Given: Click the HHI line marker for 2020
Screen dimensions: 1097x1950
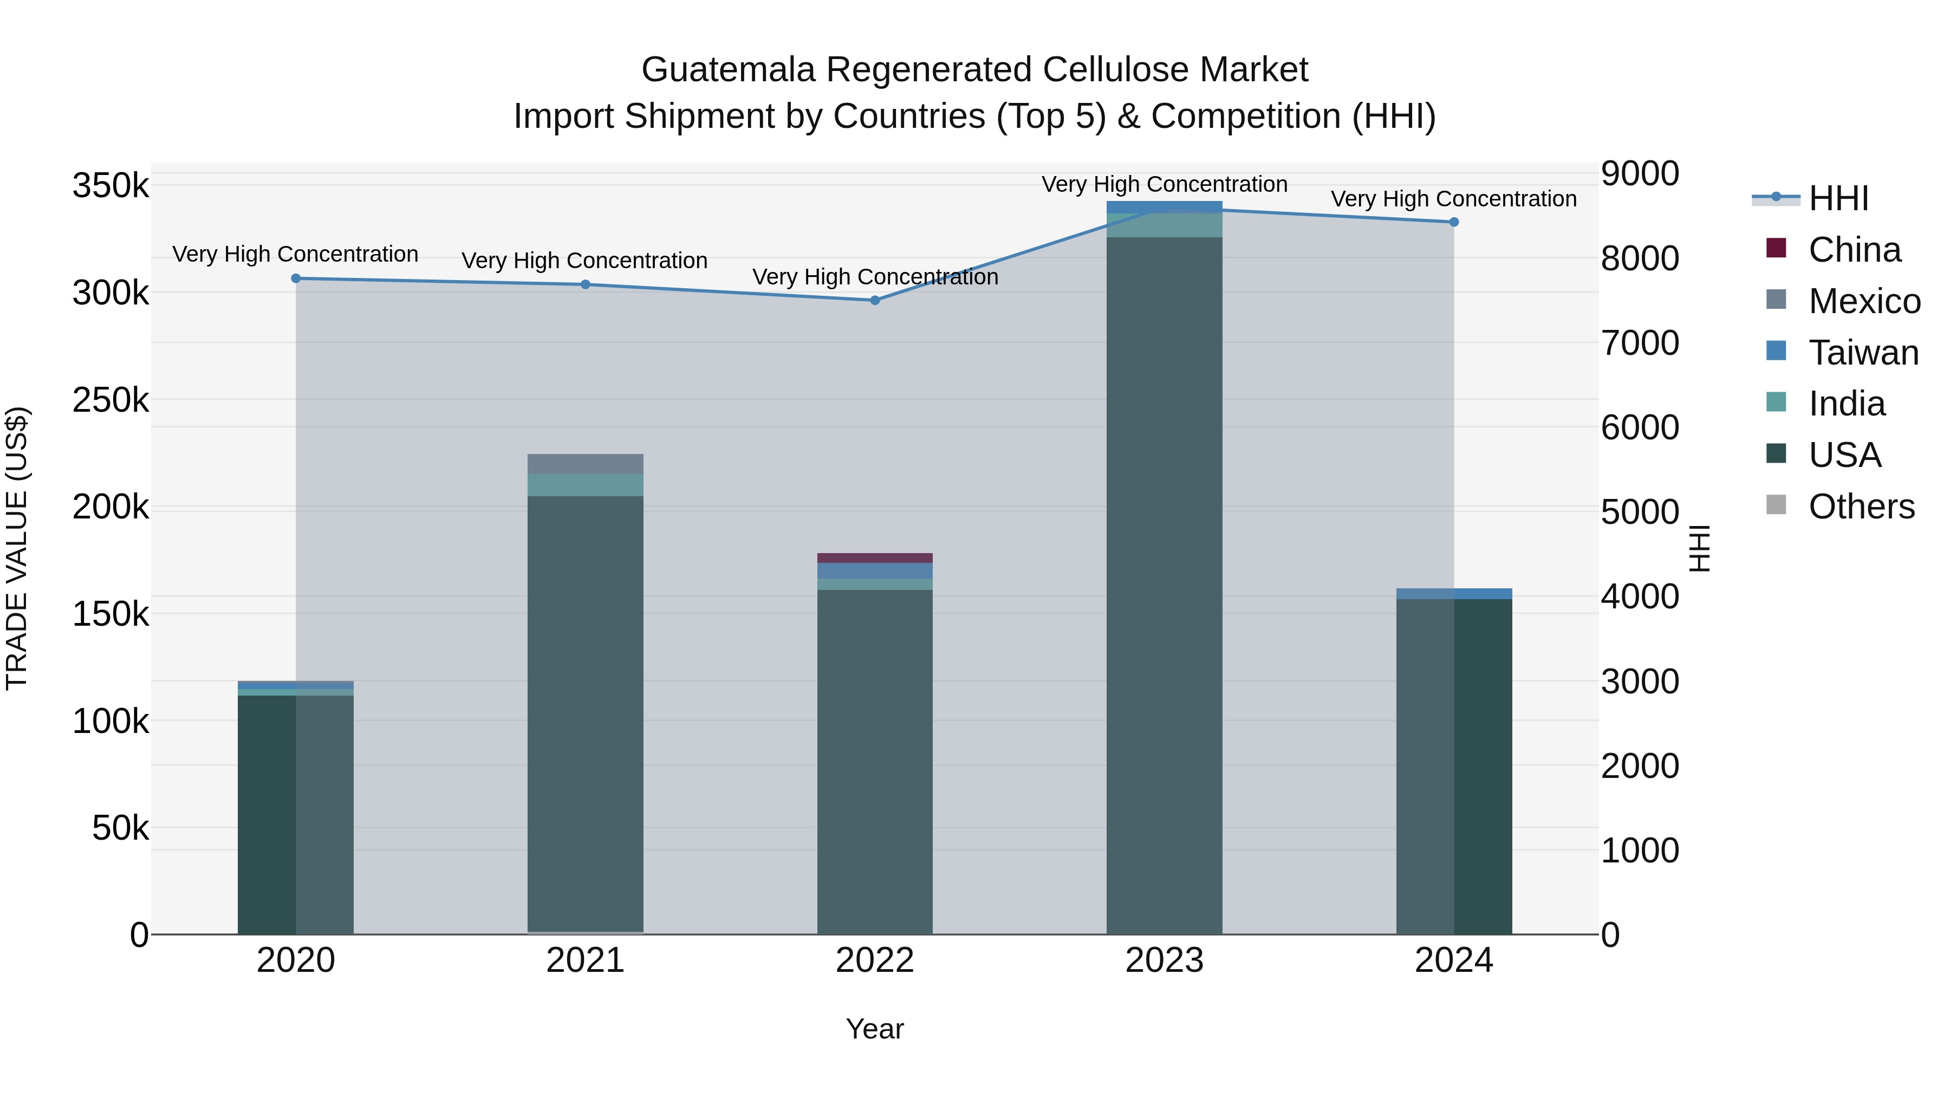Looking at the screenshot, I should (x=296, y=278).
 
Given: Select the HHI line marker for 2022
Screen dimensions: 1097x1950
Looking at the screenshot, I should (x=875, y=301).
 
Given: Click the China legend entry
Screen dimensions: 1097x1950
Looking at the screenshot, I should (x=1854, y=250).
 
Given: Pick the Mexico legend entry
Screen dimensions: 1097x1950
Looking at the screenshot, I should (x=1864, y=301).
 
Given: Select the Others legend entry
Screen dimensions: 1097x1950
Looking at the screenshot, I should (x=1861, y=507).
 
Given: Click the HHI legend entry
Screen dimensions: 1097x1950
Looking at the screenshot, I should (x=1838, y=198).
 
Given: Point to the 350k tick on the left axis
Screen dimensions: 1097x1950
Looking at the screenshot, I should (x=110, y=185).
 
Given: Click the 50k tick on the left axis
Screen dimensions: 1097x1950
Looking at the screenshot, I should (x=120, y=828).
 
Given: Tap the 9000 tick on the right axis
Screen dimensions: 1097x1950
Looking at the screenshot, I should (x=1640, y=173).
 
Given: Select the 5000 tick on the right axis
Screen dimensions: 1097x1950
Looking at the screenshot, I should (x=1640, y=512).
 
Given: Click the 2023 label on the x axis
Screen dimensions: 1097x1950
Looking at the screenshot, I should (x=1164, y=960).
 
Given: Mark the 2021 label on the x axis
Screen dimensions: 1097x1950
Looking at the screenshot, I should (x=585, y=960).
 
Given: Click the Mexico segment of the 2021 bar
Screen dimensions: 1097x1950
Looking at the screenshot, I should (x=585, y=464).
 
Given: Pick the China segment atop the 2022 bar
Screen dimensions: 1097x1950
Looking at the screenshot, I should (x=875, y=558).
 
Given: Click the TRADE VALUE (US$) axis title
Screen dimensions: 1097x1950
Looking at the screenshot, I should (x=17, y=548).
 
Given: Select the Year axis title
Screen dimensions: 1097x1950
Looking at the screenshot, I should (x=875, y=1029).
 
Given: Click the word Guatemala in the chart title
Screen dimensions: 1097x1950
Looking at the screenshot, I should (x=728, y=70).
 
